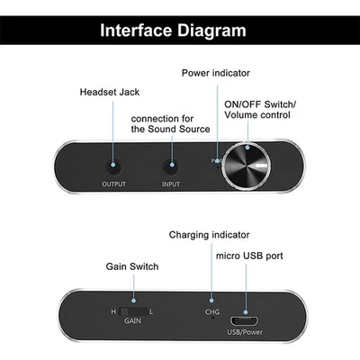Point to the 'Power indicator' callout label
click(x=215, y=73)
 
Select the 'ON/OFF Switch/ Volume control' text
click(x=259, y=109)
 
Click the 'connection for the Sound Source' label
click(x=170, y=124)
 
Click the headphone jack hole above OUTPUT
click(x=113, y=166)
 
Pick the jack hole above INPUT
click(x=171, y=166)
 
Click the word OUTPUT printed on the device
click(x=113, y=185)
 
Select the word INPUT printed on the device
click(x=171, y=185)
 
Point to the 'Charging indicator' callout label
click(x=208, y=235)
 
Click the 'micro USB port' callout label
click(x=249, y=256)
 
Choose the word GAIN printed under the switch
click(x=133, y=321)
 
